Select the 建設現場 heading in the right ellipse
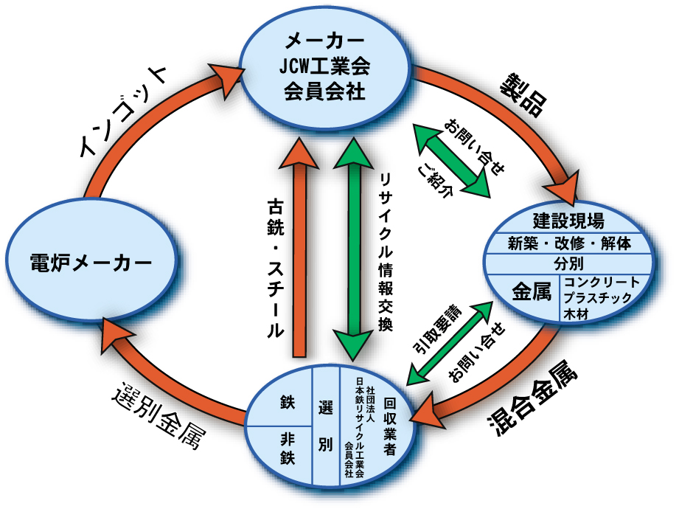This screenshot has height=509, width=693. (x=568, y=221)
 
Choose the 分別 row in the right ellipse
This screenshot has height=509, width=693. (x=568, y=264)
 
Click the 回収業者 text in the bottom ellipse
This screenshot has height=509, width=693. (x=391, y=428)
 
